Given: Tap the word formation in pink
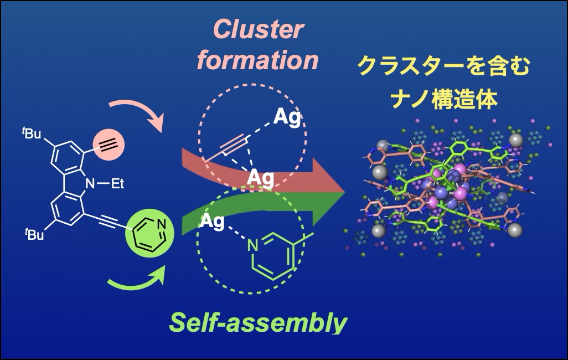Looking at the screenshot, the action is coord(257,60).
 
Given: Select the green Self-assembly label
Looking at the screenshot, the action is coord(259,322).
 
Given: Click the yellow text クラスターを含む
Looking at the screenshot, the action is coord(444,66).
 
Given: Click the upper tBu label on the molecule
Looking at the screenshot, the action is coord(32,133).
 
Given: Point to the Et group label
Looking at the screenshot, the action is coord(117,184).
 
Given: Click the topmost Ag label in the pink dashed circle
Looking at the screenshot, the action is coord(287,117).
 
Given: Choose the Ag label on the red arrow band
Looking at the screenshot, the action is coord(260,178).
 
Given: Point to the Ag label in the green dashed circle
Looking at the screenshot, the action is coord(212,221).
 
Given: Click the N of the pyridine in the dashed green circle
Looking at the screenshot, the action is coord(253,246).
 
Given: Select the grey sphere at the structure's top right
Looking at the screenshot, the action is coord(516,140).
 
